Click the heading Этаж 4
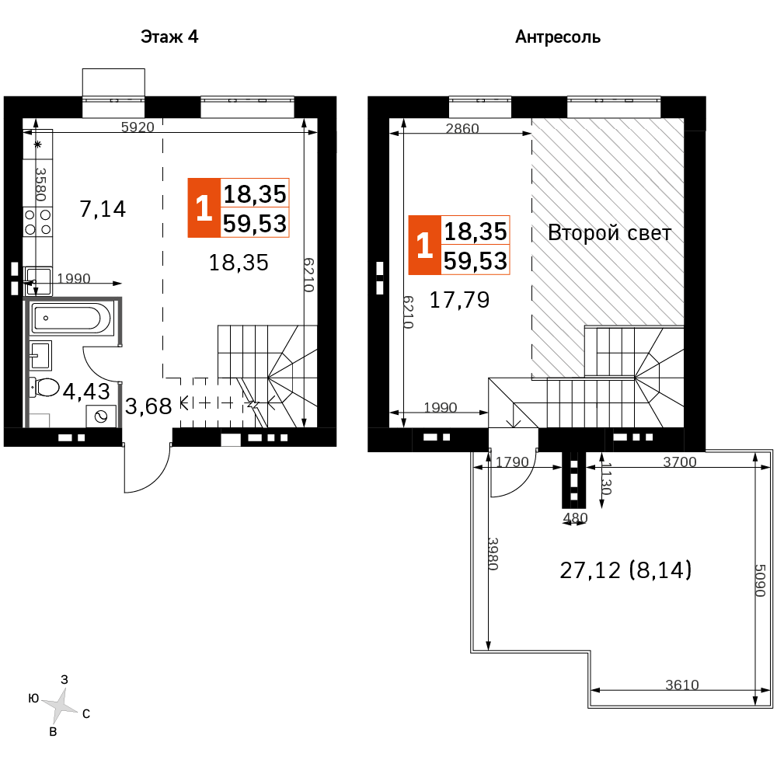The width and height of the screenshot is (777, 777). click(169, 37)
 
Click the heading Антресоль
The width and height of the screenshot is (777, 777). click(557, 37)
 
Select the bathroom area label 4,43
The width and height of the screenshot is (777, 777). click(86, 392)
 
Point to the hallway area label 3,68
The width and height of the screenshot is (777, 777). click(148, 406)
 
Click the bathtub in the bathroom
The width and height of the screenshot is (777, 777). click(72, 318)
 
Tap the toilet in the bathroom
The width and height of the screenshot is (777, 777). click(44, 388)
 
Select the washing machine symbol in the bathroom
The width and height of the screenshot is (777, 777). click(102, 416)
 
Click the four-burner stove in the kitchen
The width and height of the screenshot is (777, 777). click(38, 222)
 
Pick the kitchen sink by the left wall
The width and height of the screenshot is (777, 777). click(38, 280)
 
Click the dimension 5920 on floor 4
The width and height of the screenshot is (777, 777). click(138, 127)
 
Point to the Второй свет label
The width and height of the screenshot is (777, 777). click(609, 233)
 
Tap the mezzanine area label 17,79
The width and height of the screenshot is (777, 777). click(459, 300)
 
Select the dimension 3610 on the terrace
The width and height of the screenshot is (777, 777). click(682, 685)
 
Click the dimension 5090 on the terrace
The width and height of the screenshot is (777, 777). click(760, 580)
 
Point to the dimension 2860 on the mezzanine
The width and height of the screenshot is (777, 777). click(462, 128)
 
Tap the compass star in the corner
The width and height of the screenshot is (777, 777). click(60, 706)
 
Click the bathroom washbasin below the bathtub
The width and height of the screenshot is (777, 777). click(40, 355)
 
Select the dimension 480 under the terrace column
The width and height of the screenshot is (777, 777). click(575, 517)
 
